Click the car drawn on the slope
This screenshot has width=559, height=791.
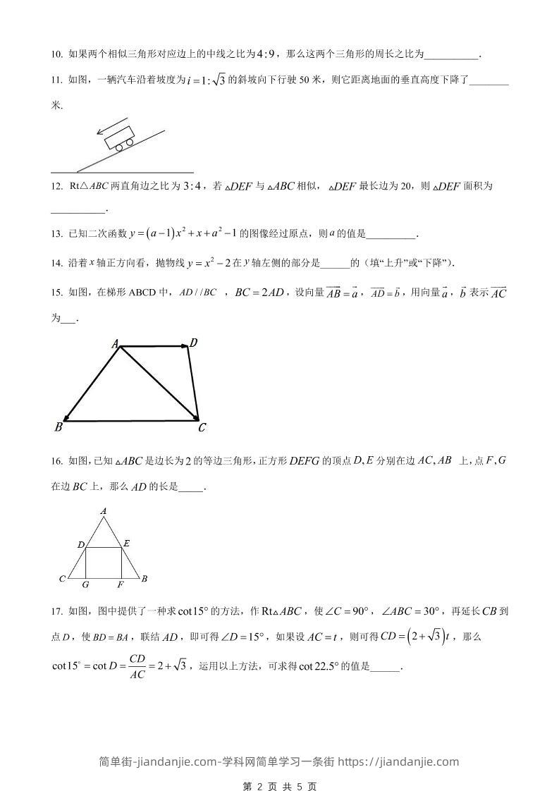(119, 139)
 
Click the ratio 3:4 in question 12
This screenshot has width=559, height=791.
(192, 187)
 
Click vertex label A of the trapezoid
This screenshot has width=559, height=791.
(115, 344)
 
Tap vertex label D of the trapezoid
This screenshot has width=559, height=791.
(193, 343)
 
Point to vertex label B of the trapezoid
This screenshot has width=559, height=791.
(59, 427)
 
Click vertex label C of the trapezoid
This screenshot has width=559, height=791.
(202, 427)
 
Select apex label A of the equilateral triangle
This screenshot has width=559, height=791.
(104, 510)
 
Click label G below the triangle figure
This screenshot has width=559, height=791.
(85, 584)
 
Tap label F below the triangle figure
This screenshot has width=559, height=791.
(121, 584)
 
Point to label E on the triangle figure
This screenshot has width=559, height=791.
(126, 544)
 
